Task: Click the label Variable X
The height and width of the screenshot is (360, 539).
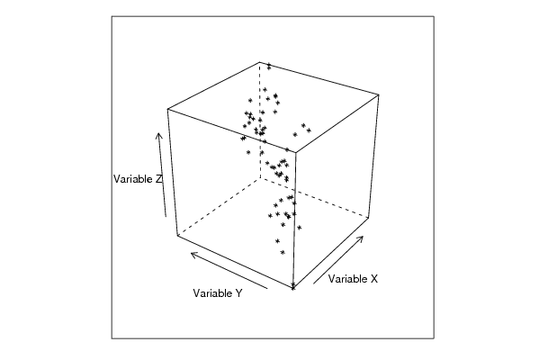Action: [353, 278]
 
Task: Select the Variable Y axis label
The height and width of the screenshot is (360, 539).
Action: [218, 293]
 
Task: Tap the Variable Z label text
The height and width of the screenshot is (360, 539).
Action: [138, 179]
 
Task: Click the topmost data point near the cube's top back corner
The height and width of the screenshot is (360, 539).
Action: [269, 66]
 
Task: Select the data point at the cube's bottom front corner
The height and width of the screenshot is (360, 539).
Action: [292, 286]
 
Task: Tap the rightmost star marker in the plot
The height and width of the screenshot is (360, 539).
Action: [309, 130]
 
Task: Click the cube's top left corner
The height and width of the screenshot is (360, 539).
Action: [167, 109]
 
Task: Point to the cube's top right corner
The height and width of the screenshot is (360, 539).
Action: [379, 94]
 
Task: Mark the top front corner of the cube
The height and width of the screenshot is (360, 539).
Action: [296, 151]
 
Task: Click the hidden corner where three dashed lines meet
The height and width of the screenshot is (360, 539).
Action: [260, 178]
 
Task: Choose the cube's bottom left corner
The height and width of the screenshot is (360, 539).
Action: [177, 235]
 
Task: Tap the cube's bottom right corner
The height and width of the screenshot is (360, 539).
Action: [369, 217]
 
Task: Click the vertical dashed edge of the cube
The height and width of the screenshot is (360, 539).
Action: [260, 121]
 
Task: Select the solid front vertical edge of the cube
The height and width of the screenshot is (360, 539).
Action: [294, 220]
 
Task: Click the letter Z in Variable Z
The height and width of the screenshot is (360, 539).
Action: [158, 179]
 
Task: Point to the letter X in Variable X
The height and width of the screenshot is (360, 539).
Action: [374, 278]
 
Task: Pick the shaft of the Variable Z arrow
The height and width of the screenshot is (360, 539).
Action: [162, 175]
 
